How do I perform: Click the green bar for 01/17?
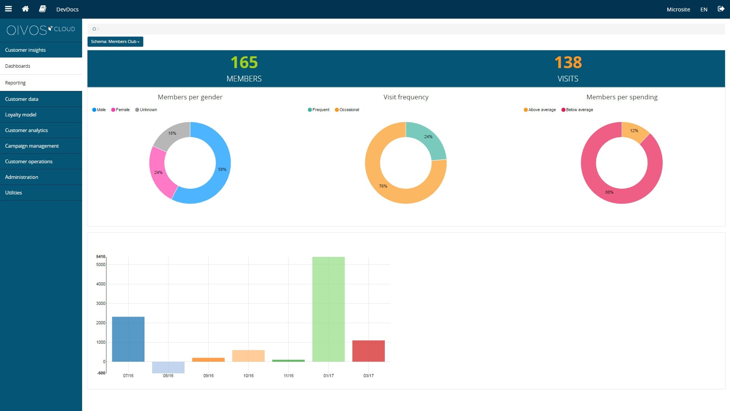point(328,309)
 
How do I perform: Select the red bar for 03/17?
point(368,351)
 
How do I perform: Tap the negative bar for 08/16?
point(168,367)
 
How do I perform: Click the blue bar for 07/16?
point(128,339)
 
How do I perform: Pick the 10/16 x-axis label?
point(248,376)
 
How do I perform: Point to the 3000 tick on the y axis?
point(101,303)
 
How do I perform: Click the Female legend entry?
point(120,110)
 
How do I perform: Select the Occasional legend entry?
point(347,110)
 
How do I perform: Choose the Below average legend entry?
point(577,110)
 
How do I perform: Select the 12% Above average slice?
point(634,132)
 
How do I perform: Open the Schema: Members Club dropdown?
point(115,41)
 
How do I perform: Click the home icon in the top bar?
point(25,9)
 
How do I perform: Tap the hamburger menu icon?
point(8,9)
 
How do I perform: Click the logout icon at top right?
point(721,9)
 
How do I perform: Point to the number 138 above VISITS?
point(568,62)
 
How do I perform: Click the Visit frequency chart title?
point(406,97)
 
